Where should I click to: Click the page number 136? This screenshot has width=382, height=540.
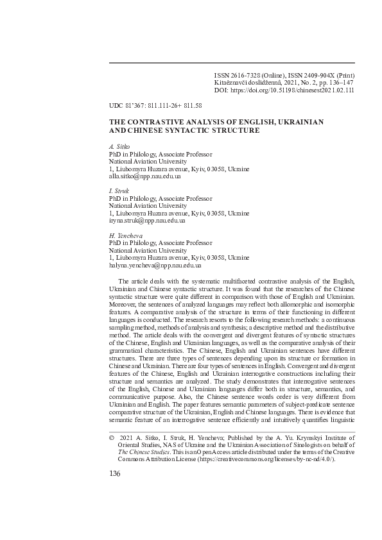pyautogui.click(x=115, y=473)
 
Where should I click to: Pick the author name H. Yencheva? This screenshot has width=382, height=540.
pyautogui.click(x=125, y=236)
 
